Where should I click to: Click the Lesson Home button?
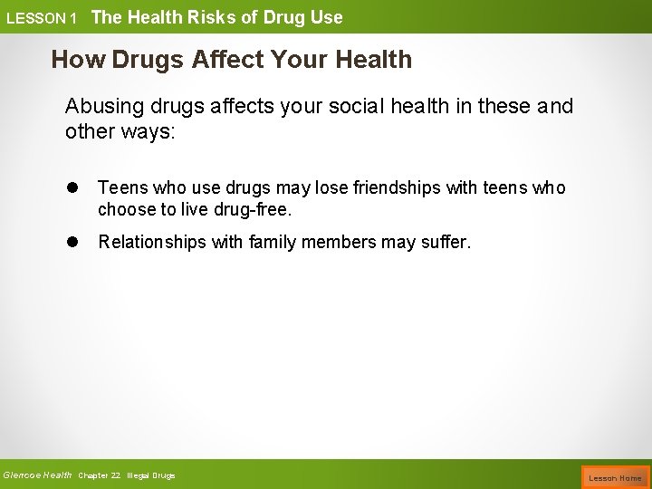[x=615, y=477]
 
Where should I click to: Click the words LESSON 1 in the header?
[x=41, y=18]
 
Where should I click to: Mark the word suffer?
[x=446, y=243]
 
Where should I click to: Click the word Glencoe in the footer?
[x=22, y=475]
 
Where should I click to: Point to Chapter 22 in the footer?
[x=100, y=475]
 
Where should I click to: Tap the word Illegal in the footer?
[x=139, y=475]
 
